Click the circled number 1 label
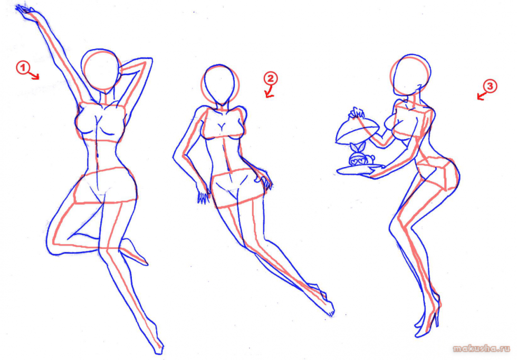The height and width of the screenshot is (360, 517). click(x=22, y=67)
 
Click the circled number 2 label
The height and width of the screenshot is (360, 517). click(x=270, y=79)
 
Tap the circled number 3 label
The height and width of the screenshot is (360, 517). click(x=490, y=86)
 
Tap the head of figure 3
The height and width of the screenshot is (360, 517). click(x=409, y=74)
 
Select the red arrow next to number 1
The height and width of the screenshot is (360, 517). click(x=35, y=76)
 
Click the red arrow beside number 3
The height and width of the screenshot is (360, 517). click(x=480, y=96)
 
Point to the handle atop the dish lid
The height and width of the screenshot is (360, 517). click(x=357, y=112)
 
